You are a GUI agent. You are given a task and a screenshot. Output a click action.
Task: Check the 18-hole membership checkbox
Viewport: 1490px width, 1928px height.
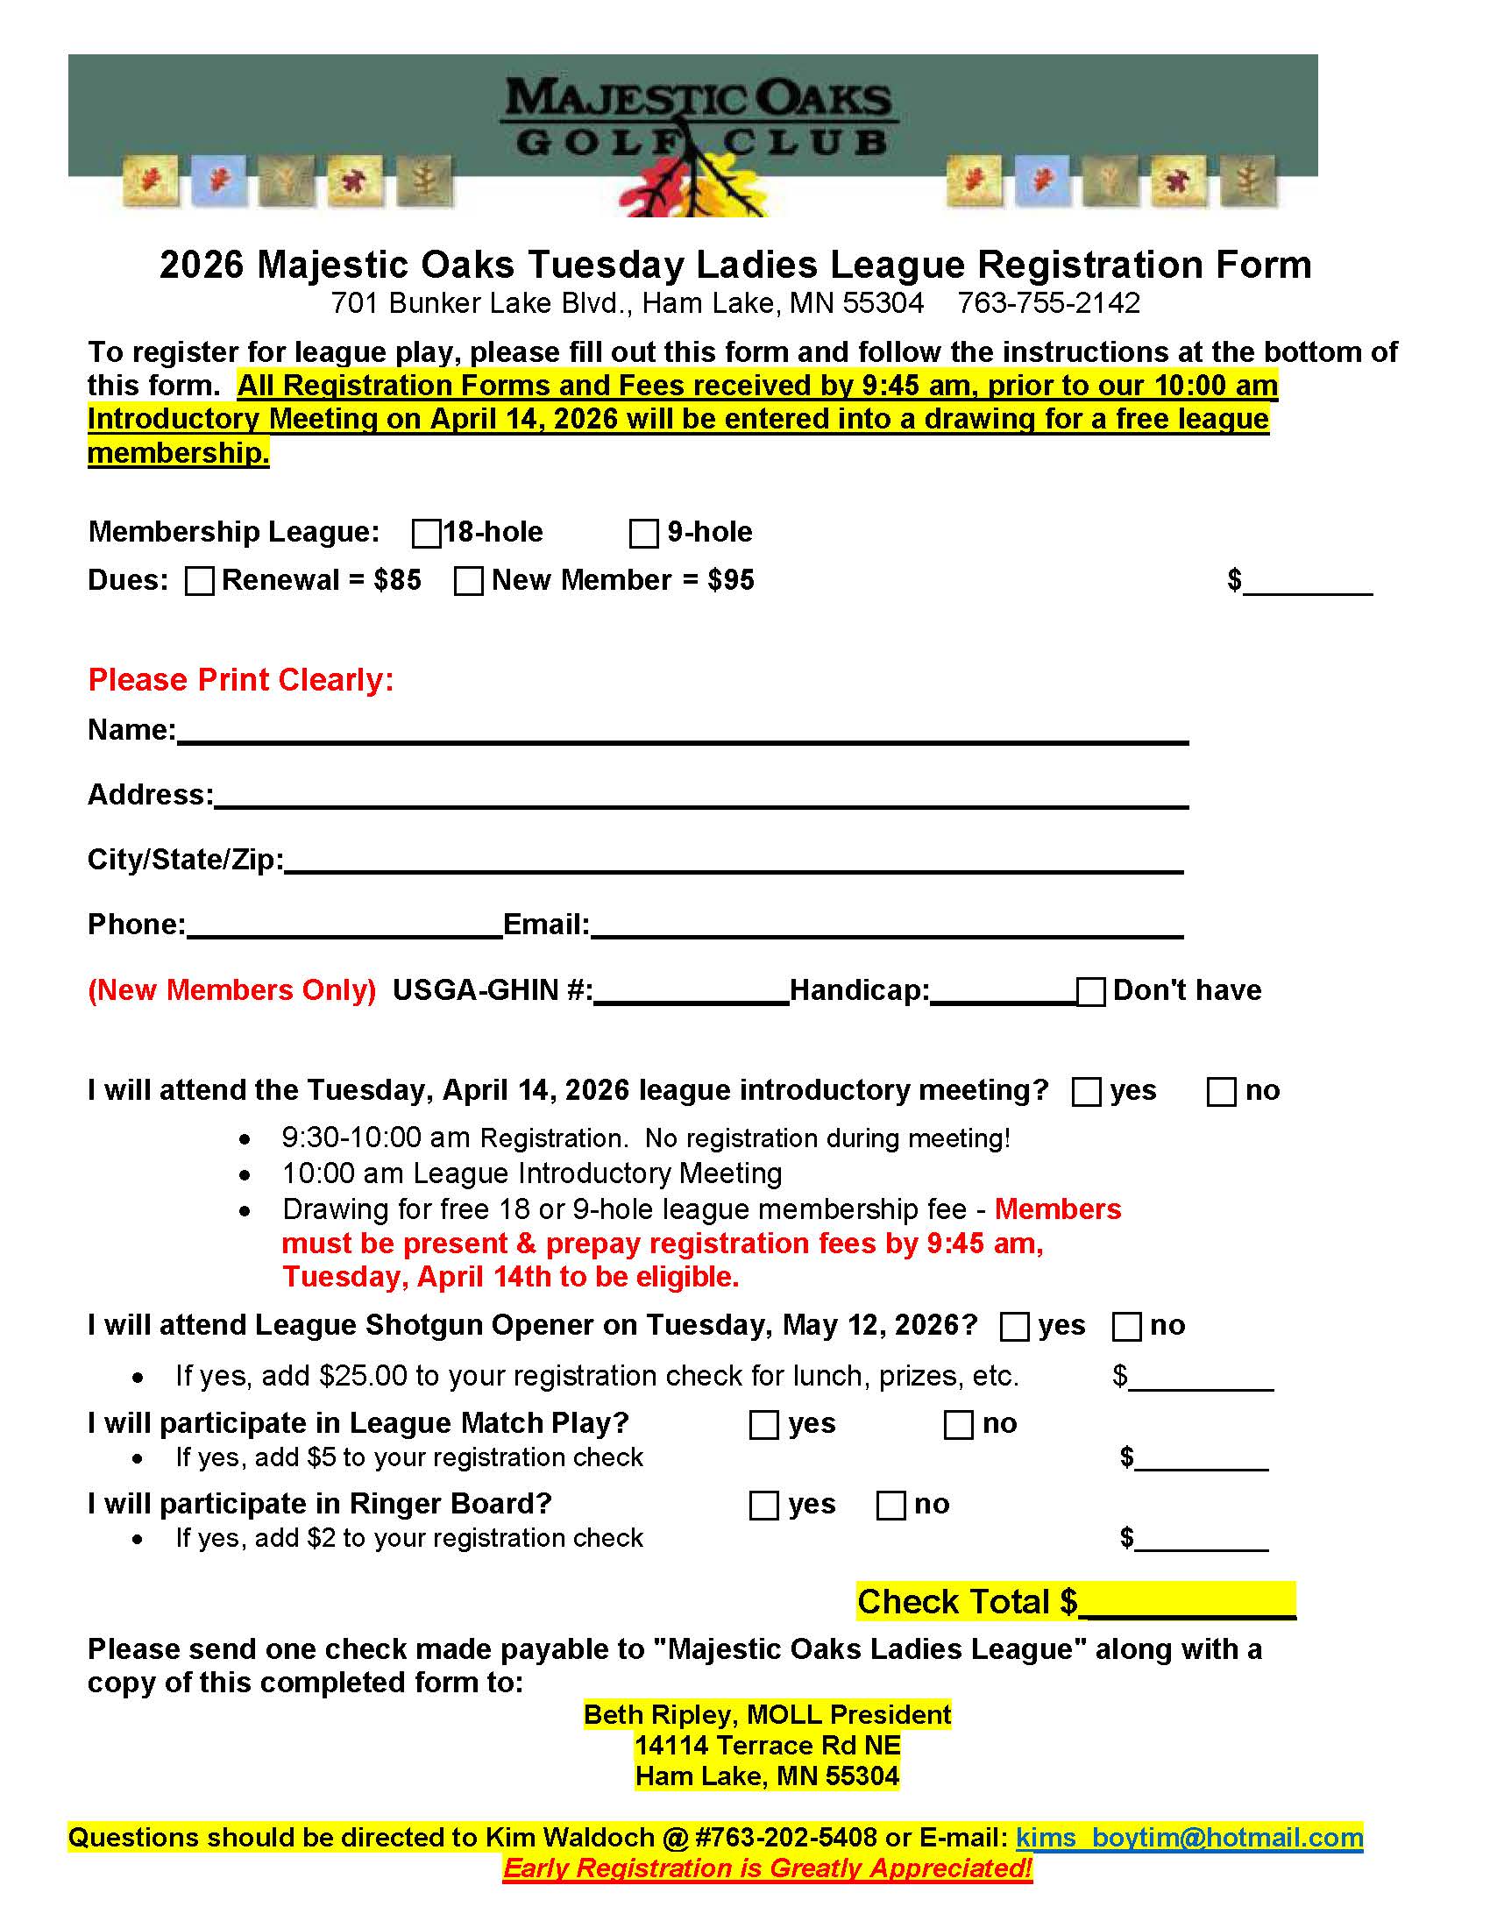(426, 534)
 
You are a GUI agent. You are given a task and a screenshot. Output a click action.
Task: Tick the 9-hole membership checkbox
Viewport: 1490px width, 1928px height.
(643, 534)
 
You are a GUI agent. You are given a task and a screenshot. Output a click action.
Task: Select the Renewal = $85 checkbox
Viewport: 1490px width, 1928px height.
(200, 581)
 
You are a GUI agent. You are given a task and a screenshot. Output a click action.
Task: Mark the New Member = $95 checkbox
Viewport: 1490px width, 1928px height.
(468, 581)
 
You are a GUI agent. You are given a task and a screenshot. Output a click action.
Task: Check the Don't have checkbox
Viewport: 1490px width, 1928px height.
(1091, 992)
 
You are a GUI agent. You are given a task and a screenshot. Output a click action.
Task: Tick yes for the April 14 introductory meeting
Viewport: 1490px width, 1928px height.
(1086, 1092)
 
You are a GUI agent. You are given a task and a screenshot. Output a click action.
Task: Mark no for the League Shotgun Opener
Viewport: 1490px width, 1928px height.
(1126, 1327)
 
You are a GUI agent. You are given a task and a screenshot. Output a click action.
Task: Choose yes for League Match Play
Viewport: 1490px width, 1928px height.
(763, 1425)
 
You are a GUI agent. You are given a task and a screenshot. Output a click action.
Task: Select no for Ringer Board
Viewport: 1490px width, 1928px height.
(890, 1505)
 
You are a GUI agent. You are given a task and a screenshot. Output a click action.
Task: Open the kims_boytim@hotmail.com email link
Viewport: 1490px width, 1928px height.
(1189, 1837)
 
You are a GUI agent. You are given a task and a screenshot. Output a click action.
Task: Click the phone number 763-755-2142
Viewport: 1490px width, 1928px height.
(1048, 304)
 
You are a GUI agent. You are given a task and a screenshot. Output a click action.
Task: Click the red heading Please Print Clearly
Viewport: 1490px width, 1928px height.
(241, 680)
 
